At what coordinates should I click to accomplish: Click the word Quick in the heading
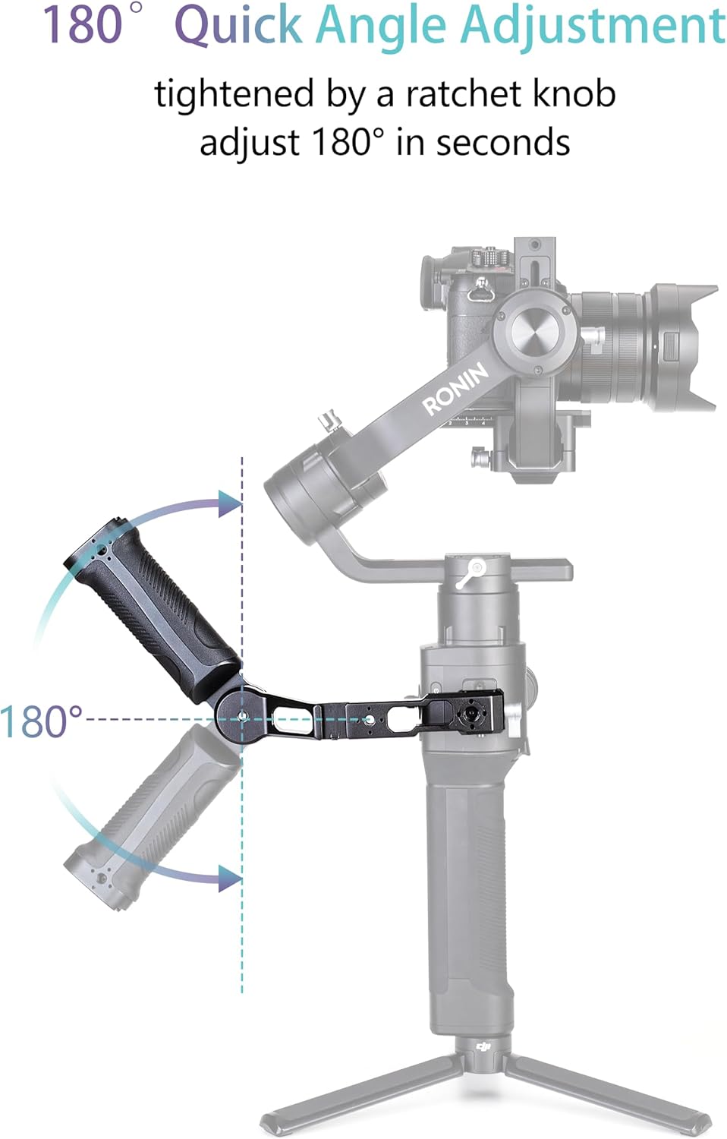pos(241,26)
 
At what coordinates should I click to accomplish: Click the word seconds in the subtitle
pos(503,142)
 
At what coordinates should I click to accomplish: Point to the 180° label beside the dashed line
pos(41,721)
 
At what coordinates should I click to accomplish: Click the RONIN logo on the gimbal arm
pos(456,389)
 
